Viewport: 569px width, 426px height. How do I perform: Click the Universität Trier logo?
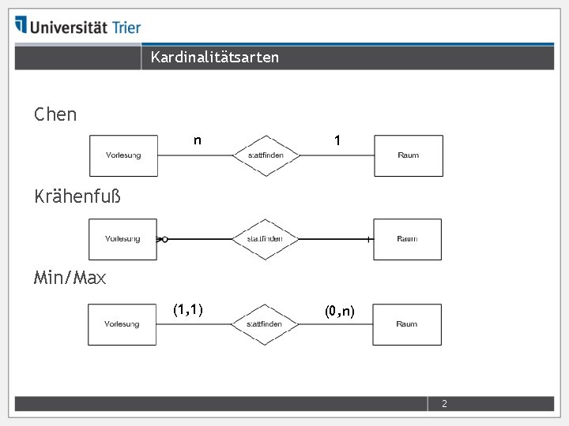pyautogui.click(x=77, y=26)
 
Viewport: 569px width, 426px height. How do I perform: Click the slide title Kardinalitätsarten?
pyautogui.click(x=214, y=57)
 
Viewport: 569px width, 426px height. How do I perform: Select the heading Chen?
pyautogui.click(x=55, y=114)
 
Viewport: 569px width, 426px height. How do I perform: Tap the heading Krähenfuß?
pyautogui.click(x=77, y=196)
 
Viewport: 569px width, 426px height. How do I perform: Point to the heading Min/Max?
pyautogui.click(x=70, y=278)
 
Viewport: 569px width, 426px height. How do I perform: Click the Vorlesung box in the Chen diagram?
pyautogui.click(x=123, y=155)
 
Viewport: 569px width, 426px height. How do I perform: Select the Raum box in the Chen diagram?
pyautogui.click(x=408, y=155)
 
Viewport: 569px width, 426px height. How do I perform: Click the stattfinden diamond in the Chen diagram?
pyautogui.click(x=265, y=155)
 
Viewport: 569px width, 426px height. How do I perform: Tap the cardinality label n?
pyautogui.click(x=198, y=141)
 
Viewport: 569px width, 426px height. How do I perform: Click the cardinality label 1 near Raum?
pyautogui.click(x=337, y=141)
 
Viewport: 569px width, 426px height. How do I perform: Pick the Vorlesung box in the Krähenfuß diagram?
pyautogui.click(x=122, y=239)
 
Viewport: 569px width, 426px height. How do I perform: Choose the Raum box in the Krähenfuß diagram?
pyautogui.click(x=407, y=239)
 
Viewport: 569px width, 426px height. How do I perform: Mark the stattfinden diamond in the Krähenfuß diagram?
pyautogui.click(x=265, y=239)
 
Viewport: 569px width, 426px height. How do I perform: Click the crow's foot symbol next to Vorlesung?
pyautogui.click(x=162, y=238)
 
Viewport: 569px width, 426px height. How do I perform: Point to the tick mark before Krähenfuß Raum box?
pyautogui.click(x=368, y=239)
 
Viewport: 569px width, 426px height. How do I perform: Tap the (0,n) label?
pyautogui.click(x=340, y=312)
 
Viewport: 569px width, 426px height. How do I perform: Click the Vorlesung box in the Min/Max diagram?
pyautogui.click(x=122, y=324)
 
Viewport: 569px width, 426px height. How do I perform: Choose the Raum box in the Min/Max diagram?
pyautogui.click(x=407, y=324)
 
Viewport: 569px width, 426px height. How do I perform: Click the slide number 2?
pyautogui.click(x=444, y=404)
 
